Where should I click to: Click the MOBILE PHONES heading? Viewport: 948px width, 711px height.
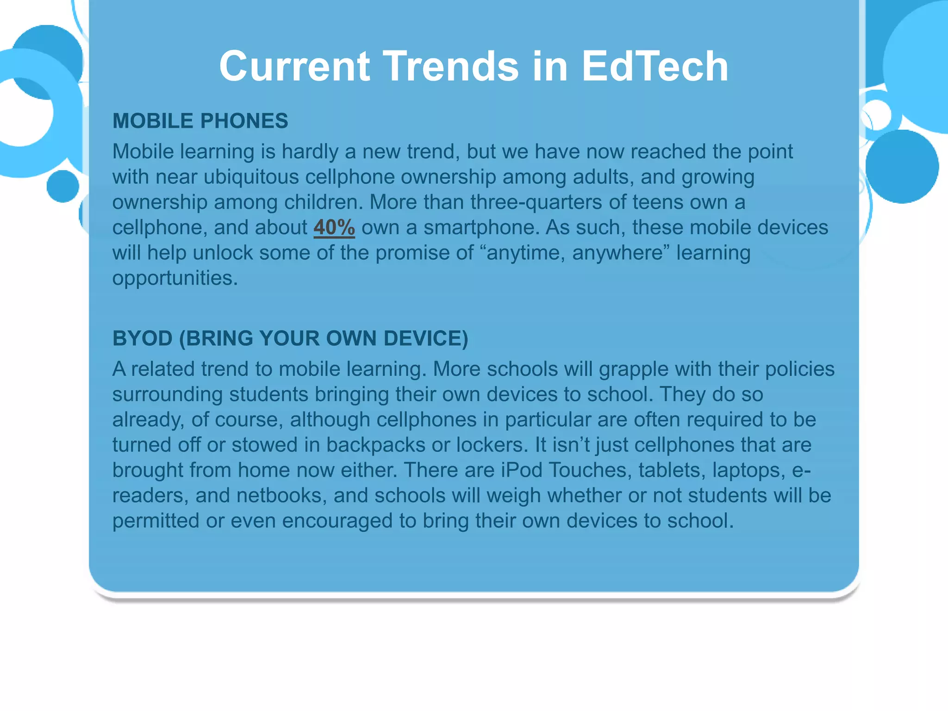click(200, 121)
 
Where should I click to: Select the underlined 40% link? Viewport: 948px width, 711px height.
click(334, 227)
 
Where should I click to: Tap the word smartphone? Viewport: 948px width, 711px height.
click(481, 227)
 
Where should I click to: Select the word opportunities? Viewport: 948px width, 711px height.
click(175, 278)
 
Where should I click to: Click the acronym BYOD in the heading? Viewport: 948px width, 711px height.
click(143, 338)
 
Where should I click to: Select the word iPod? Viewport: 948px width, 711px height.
click(522, 470)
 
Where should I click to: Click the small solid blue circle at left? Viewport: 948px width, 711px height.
click(63, 186)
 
